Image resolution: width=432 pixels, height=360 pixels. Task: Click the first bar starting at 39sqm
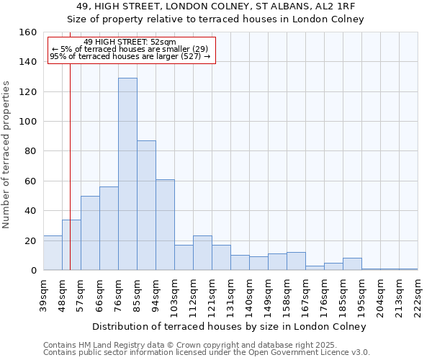click(x=53, y=253)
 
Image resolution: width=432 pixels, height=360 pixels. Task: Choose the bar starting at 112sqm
click(x=202, y=253)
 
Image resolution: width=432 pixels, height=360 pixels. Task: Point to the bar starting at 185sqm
click(x=352, y=264)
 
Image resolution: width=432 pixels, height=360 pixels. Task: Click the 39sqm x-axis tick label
click(x=43, y=294)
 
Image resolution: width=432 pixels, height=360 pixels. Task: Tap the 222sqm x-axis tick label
click(x=418, y=294)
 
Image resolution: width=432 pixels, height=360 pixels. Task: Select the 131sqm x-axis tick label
click(x=230, y=294)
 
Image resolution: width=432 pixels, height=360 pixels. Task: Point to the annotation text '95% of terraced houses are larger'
click(x=130, y=56)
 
